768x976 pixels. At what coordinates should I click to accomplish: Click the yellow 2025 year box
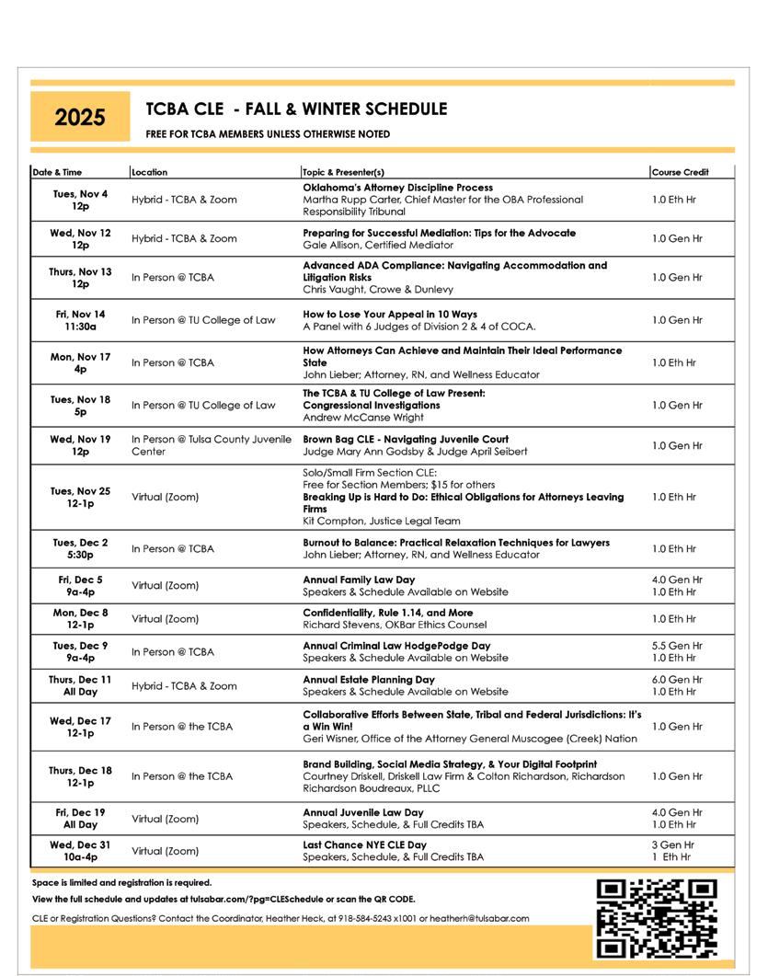[x=80, y=118]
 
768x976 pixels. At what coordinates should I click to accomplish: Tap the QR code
[x=656, y=919]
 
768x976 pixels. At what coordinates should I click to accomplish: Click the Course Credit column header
[x=680, y=172]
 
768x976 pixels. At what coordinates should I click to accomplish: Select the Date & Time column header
[x=57, y=172]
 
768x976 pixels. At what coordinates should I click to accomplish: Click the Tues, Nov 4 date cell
[x=80, y=200]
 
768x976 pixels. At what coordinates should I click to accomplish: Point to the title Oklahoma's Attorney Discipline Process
[x=397, y=188]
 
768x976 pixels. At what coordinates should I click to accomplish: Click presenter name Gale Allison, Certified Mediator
[x=365, y=246]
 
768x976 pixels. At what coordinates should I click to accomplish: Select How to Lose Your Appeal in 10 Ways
[x=390, y=315]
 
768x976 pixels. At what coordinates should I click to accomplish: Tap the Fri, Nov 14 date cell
[x=80, y=320]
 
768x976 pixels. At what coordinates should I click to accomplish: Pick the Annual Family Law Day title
[x=359, y=580]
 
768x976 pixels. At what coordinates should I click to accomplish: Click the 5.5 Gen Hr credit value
[x=677, y=647]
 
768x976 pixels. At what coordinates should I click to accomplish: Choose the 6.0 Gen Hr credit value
[x=677, y=680]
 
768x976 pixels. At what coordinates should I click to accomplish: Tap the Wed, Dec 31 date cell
[x=80, y=851]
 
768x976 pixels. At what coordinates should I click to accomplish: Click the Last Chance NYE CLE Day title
[x=365, y=844]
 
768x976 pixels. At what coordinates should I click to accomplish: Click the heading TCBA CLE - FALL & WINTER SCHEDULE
[x=296, y=109]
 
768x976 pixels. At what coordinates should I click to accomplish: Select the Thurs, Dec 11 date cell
[x=80, y=685]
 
